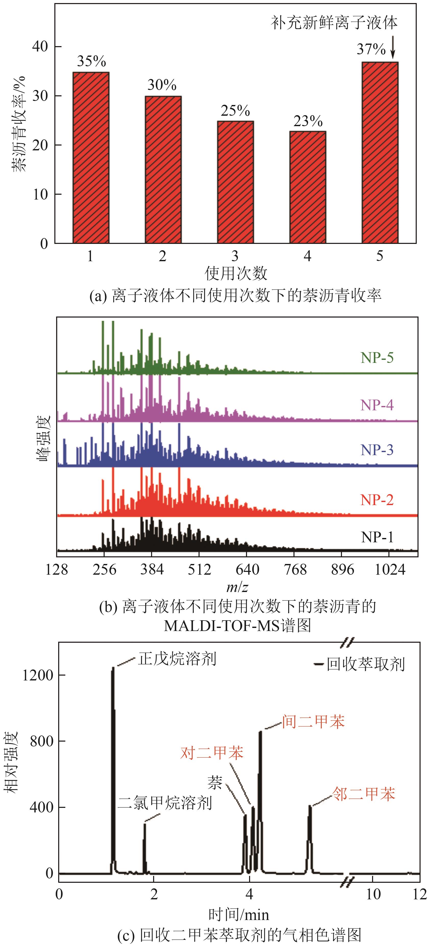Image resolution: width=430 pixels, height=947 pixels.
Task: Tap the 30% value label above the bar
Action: (x=162, y=85)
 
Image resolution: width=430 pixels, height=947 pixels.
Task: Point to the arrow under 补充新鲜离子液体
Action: (x=393, y=47)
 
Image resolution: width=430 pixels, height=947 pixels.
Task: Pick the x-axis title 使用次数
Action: (x=236, y=273)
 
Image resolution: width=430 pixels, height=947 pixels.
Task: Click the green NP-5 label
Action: (x=377, y=358)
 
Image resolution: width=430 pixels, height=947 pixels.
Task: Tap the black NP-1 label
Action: (x=377, y=537)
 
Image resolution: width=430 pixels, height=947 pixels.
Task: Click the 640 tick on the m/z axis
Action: (x=247, y=570)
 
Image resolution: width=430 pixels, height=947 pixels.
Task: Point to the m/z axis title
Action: (x=237, y=587)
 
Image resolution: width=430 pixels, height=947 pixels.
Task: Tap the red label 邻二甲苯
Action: (x=363, y=794)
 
